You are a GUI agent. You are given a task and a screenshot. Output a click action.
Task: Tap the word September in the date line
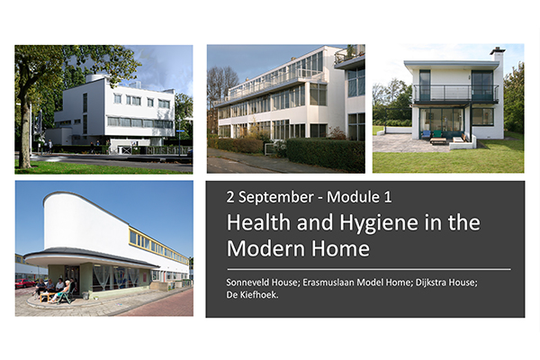point(276,197)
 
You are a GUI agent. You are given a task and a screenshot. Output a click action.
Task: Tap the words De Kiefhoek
point(252,295)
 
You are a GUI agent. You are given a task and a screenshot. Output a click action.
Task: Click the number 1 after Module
point(387,197)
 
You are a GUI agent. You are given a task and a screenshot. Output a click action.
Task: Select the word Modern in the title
point(264,248)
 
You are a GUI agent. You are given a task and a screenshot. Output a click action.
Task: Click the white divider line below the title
point(369,269)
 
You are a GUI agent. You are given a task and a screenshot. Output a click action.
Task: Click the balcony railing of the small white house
point(455,93)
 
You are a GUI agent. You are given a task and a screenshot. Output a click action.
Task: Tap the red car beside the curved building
point(25,283)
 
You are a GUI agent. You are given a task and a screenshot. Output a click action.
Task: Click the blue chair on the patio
point(427,135)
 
